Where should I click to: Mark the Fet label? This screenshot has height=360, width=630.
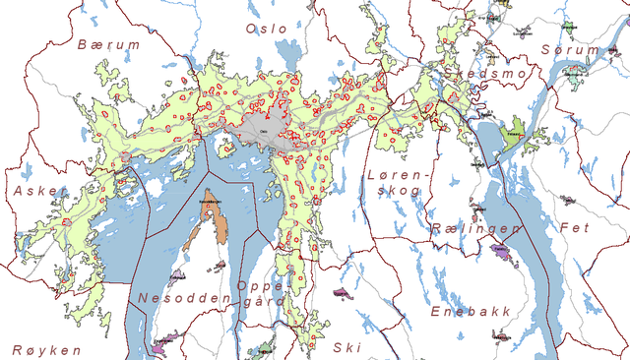576,228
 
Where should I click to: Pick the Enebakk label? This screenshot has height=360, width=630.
472,311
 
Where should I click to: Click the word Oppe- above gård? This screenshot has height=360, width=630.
259,285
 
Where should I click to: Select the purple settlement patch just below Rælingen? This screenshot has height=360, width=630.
502,255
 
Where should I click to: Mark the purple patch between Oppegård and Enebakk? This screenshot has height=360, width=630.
342,293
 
